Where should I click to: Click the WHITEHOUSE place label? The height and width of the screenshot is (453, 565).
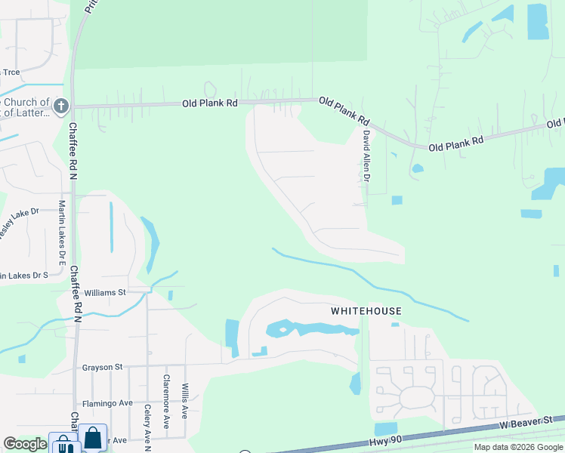(366, 311)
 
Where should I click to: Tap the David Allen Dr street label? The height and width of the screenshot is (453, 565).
(366, 156)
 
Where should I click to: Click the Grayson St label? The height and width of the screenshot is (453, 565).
(103, 367)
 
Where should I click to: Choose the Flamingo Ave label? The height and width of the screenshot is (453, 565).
(107, 403)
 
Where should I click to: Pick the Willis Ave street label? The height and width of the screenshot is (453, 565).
(184, 400)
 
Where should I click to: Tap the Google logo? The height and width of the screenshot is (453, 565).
(24, 444)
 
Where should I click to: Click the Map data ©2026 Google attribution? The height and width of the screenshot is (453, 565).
(518, 447)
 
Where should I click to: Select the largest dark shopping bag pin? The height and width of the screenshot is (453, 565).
(92, 438)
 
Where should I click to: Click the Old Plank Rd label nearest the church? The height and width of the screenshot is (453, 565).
(211, 103)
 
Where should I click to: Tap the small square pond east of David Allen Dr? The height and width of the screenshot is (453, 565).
(397, 200)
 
